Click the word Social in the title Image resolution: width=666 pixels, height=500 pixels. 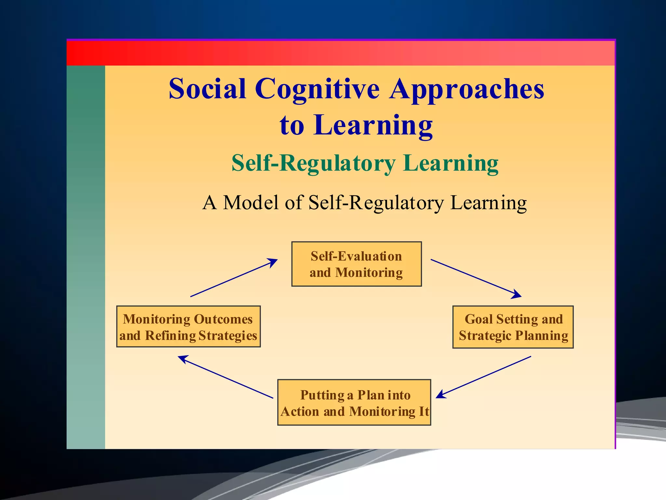[207, 89]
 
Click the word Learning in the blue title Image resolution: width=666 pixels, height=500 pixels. [373, 125]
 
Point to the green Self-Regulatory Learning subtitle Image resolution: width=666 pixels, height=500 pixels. [365, 163]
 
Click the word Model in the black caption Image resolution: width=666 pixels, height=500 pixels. [251, 202]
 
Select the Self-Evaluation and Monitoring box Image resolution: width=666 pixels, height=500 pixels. [356, 264]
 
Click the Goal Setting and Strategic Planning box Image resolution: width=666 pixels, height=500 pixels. [513, 327]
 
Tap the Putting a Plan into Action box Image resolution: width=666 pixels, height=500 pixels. [354, 402]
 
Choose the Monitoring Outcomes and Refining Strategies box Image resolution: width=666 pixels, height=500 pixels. [188, 326]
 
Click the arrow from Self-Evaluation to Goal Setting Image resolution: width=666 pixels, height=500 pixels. [476, 278]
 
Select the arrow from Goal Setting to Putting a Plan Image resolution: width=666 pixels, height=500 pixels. [484, 377]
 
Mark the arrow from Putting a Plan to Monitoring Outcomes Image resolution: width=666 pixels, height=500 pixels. [226, 377]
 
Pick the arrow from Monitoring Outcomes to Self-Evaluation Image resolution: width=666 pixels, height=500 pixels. [234, 278]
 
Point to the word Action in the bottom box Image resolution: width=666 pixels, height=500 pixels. [300, 412]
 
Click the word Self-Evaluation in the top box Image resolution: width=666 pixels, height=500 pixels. [356, 256]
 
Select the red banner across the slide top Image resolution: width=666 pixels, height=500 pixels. [340, 53]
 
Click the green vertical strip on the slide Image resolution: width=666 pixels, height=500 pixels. [86, 257]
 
